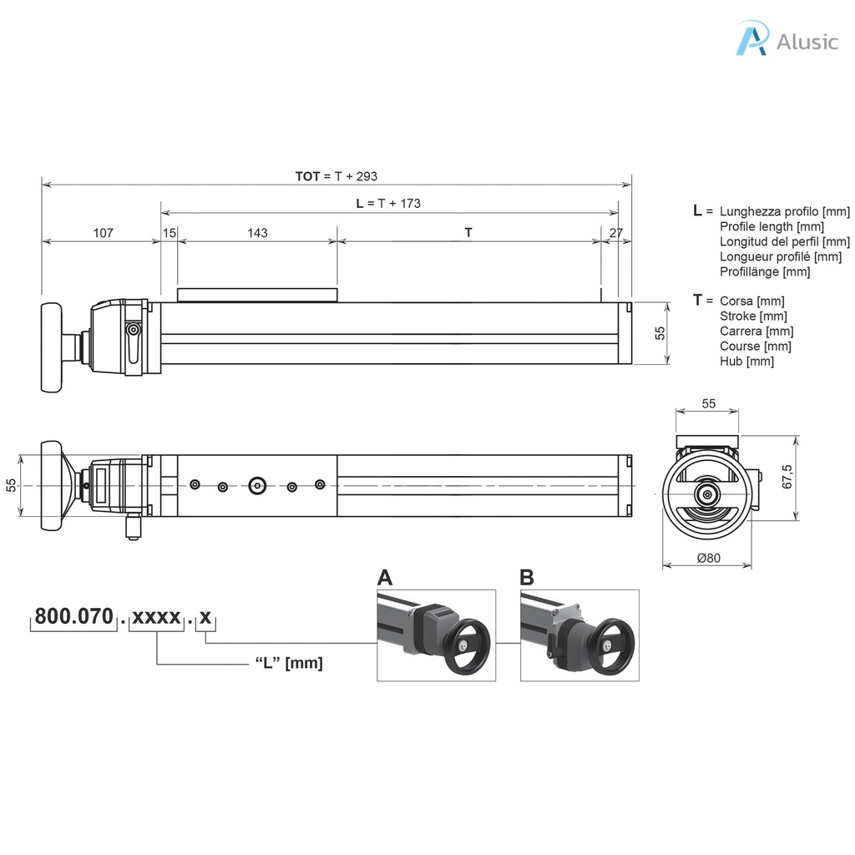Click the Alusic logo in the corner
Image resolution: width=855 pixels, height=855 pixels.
pyautogui.click(x=786, y=39)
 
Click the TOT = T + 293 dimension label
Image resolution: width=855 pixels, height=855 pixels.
pyautogui.click(x=336, y=176)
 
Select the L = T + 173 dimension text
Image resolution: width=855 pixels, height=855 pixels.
pyautogui.click(x=388, y=203)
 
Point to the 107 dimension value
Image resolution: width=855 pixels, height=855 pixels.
pyautogui.click(x=102, y=233)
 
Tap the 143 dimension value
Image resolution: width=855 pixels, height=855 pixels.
pyautogui.click(x=257, y=233)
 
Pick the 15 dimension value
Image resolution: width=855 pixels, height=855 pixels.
pyautogui.click(x=169, y=233)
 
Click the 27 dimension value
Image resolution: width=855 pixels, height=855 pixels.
pyautogui.click(x=615, y=233)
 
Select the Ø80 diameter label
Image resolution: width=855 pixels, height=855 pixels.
pyautogui.click(x=707, y=558)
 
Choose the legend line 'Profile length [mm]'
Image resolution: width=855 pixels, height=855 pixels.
pyautogui.click(x=772, y=226)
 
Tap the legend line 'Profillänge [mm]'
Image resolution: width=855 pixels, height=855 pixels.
pyautogui.click(x=765, y=271)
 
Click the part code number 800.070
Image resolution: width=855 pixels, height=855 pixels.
pyautogui.click(x=73, y=618)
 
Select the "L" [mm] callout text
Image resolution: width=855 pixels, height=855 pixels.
pyautogui.click(x=288, y=663)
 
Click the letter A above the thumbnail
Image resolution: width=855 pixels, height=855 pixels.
pyautogui.click(x=385, y=578)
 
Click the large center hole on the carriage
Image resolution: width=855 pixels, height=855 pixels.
pyautogui.click(x=256, y=484)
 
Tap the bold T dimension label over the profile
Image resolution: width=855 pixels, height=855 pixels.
pyautogui.click(x=468, y=233)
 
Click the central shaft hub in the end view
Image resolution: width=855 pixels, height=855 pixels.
pyautogui.click(x=708, y=494)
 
